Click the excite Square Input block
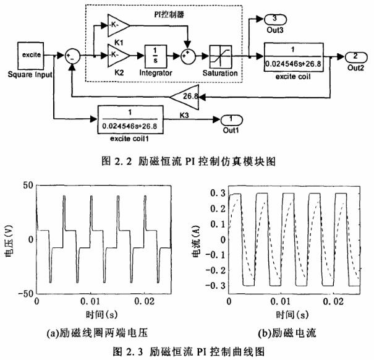pyautogui.click(x=32, y=55)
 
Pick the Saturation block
pyautogui.click(x=220, y=56)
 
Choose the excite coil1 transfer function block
pyautogui.click(x=130, y=119)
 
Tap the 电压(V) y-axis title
pyautogui.click(x=9, y=240)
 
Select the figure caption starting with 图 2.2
pyautogui.click(x=186, y=160)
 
